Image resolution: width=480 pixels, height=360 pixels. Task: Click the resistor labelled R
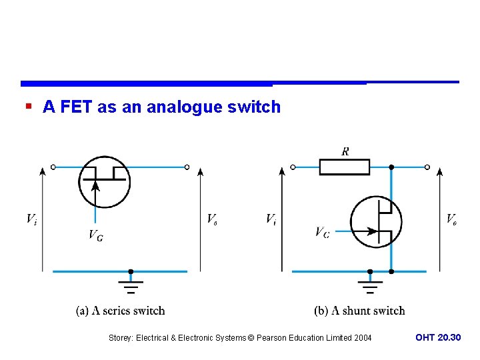pyautogui.click(x=344, y=167)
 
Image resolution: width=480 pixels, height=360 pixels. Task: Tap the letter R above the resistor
pyautogui.click(x=345, y=151)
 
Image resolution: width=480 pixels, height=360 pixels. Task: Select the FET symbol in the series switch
pyautogui.click(x=105, y=181)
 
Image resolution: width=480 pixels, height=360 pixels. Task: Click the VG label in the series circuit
pyautogui.click(x=95, y=235)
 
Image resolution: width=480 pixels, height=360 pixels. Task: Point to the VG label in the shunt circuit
pyautogui.click(x=322, y=232)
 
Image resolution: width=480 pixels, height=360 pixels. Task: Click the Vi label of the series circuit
pyautogui.click(x=31, y=219)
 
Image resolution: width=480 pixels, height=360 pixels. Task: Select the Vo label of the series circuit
pyautogui.click(x=211, y=219)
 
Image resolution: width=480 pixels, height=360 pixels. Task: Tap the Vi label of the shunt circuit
pyautogui.click(x=271, y=219)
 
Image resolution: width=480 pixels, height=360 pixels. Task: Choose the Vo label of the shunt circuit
pyautogui.click(x=451, y=219)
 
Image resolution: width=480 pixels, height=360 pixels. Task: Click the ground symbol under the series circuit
pyautogui.click(x=131, y=285)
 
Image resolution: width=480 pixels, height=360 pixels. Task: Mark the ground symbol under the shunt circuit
pyautogui.click(x=370, y=285)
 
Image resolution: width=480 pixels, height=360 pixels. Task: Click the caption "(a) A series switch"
pyautogui.click(x=120, y=311)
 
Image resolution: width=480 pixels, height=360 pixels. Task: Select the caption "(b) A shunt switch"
pyautogui.click(x=359, y=311)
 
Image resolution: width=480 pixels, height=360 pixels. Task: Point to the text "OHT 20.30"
pyautogui.click(x=438, y=338)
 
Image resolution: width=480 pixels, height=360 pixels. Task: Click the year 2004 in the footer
pyautogui.click(x=363, y=338)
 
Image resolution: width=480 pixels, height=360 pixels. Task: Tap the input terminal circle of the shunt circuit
pyautogui.click(x=293, y=167)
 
